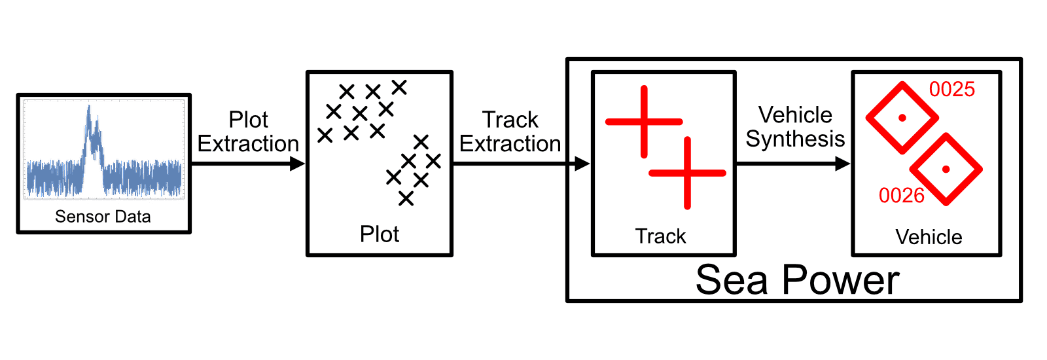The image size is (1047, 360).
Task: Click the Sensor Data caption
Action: [x=103, y=217]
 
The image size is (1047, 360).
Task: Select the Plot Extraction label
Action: [x=248, y=132]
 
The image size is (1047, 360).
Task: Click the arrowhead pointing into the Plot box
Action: [x=298, y=164]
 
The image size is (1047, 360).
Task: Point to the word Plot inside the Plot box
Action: [x=379, y=234]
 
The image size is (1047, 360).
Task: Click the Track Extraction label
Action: [x=510, y=132]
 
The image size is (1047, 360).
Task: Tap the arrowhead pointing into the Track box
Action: [x=582, y=164]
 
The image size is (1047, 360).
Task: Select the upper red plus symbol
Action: [x=644, y=122]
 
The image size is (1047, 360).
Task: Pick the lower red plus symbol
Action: [x=687, y=173]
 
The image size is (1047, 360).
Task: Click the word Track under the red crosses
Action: [x=660, y=236]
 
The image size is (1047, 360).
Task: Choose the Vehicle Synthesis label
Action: [x=795, y=127]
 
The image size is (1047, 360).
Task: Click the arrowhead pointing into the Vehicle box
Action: [x=843, y=164]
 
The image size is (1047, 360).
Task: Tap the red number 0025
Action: [x=951, y=89]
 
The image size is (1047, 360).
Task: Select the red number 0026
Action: [x=902, y=196]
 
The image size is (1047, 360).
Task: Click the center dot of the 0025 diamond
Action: [x=902, y=118]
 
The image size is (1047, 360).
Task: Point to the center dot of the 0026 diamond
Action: [x=946, y=170]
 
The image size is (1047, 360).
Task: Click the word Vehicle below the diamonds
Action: [x=929, y=237]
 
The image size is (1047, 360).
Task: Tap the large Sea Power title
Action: [x=798, y=280]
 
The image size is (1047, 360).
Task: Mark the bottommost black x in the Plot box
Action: [x=406, y=199]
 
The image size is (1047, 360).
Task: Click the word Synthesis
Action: [x=795, y=139]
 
